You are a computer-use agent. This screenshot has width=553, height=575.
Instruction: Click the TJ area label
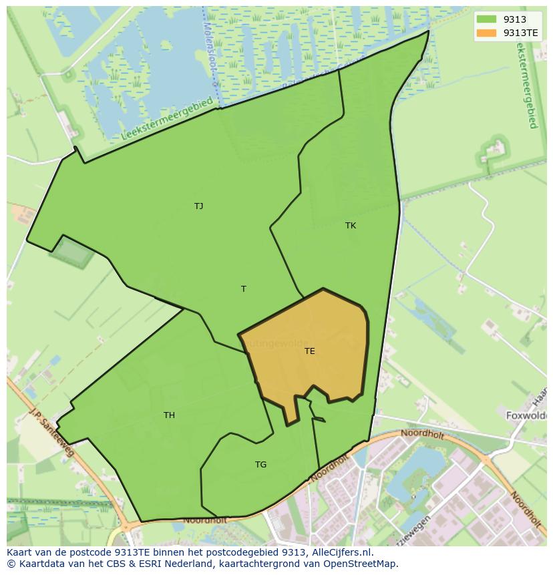[198, 206]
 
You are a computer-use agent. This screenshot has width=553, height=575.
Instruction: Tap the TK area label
[351, 226]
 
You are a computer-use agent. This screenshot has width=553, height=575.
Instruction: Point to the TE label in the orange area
[309, 351]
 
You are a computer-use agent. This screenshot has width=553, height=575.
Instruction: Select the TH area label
[169, 415]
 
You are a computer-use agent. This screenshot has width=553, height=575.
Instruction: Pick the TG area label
[260, 465]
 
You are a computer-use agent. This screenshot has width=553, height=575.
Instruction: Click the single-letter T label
[244, 289]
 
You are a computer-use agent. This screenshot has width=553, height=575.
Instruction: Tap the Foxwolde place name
[526, 415]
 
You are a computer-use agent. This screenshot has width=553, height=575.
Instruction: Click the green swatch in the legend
[486, 19]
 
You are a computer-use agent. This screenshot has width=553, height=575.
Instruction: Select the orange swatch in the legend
[486, 32]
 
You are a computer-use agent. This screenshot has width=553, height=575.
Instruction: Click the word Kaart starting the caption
[20, 552]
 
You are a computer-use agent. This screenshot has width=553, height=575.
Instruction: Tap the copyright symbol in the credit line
[11, 564]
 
